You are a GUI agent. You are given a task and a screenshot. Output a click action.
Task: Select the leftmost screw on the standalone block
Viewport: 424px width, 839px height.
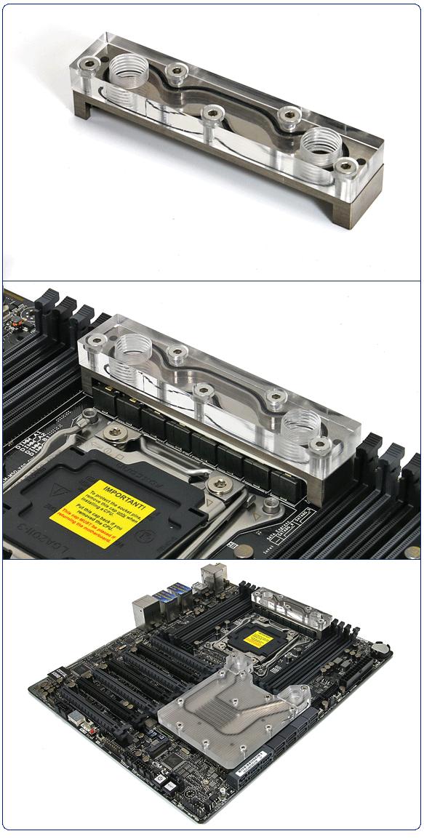tap(89, 65)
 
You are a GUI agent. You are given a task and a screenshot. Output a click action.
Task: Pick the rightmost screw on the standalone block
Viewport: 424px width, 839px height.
tap(345, 166)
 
